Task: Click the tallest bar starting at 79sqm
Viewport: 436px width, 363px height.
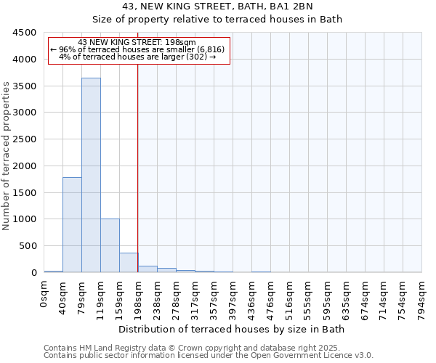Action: pyautogui.click(x=91, y=175)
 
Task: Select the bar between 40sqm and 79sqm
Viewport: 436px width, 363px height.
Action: pyautogui.click(x=72, y=224)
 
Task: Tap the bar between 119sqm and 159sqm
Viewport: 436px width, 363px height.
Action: pyautogui.click(x=110, y=245)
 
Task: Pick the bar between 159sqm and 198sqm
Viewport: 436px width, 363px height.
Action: pyautogui.click(x=129, y=262)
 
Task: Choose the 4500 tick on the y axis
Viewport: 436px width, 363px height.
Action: pyautogui.click(x=25, y=33)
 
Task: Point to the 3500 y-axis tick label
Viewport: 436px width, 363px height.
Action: pyautogui.click(x=25, y=86)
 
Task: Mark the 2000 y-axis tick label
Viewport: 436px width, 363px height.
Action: pyautogui.click(x=25, y=166)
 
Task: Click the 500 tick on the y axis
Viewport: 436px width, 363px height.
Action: pyautogui.click(x=28, y=245)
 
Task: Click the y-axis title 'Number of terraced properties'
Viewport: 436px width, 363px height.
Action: pyautogui.click(x=7, y=156)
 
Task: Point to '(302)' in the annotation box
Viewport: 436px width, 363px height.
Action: pyautogui.click(x=197, y=57)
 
